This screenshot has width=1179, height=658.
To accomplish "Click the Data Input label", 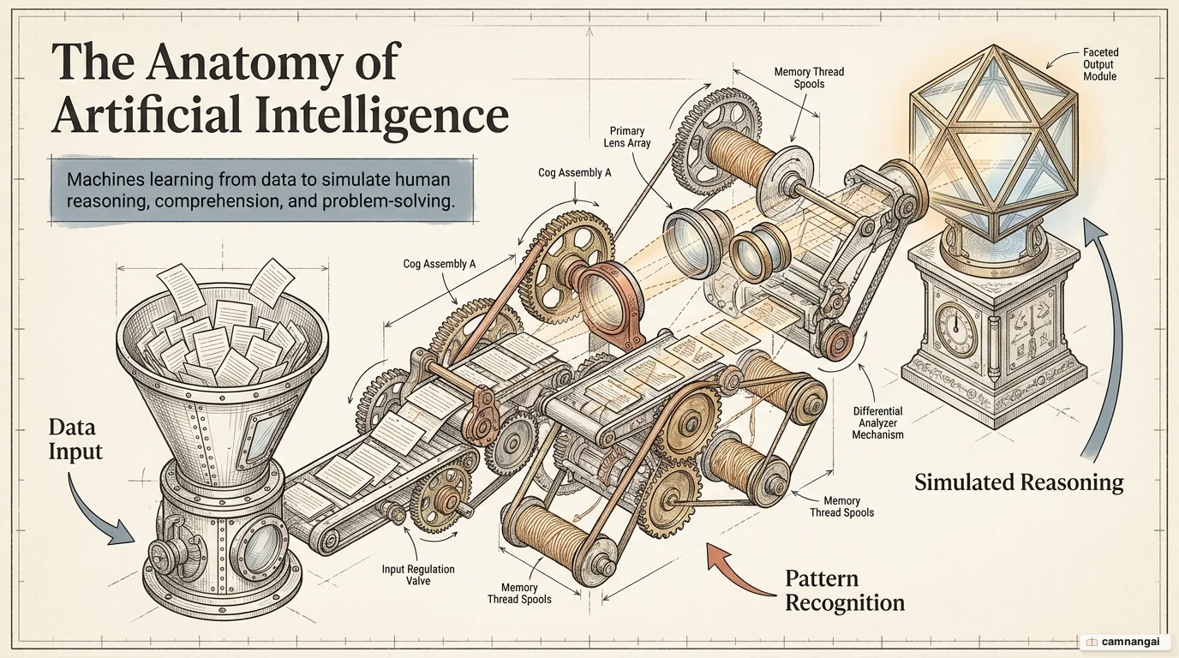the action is click(75, 440).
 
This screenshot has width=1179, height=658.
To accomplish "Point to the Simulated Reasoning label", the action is click(1019, 482).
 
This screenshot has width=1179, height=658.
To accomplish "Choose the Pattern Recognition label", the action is click(845, 590).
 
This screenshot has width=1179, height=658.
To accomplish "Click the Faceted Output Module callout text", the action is click(1101, 64).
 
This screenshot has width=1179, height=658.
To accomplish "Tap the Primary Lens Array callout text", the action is click(627, 137).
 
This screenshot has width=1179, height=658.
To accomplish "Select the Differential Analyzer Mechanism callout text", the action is click(877, 422).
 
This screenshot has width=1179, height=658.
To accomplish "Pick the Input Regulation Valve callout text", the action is click(418, 575).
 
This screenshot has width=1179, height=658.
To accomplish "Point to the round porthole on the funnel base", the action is click(259, 549).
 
